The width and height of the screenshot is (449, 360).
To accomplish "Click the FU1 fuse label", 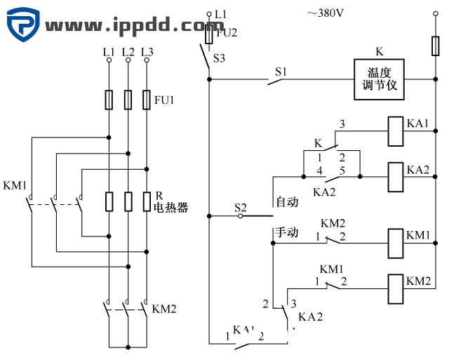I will pos(164,100).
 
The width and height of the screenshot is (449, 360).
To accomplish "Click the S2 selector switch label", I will pos(241,207).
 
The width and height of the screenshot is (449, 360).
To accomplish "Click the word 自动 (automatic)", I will pos(288,202).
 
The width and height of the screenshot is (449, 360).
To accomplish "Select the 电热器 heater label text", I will pos(171,208).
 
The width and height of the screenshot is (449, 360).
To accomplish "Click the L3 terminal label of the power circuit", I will pos(147,52).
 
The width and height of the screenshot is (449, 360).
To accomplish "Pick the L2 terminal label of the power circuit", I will pos(128,52).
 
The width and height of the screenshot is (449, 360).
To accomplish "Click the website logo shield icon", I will pos(23,26).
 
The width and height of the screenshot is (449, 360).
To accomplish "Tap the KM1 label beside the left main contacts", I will pos(15,186).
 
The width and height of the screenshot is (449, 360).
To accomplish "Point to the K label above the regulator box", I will pos(380,51).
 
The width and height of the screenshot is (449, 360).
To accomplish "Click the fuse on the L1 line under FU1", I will pos(109,100).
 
